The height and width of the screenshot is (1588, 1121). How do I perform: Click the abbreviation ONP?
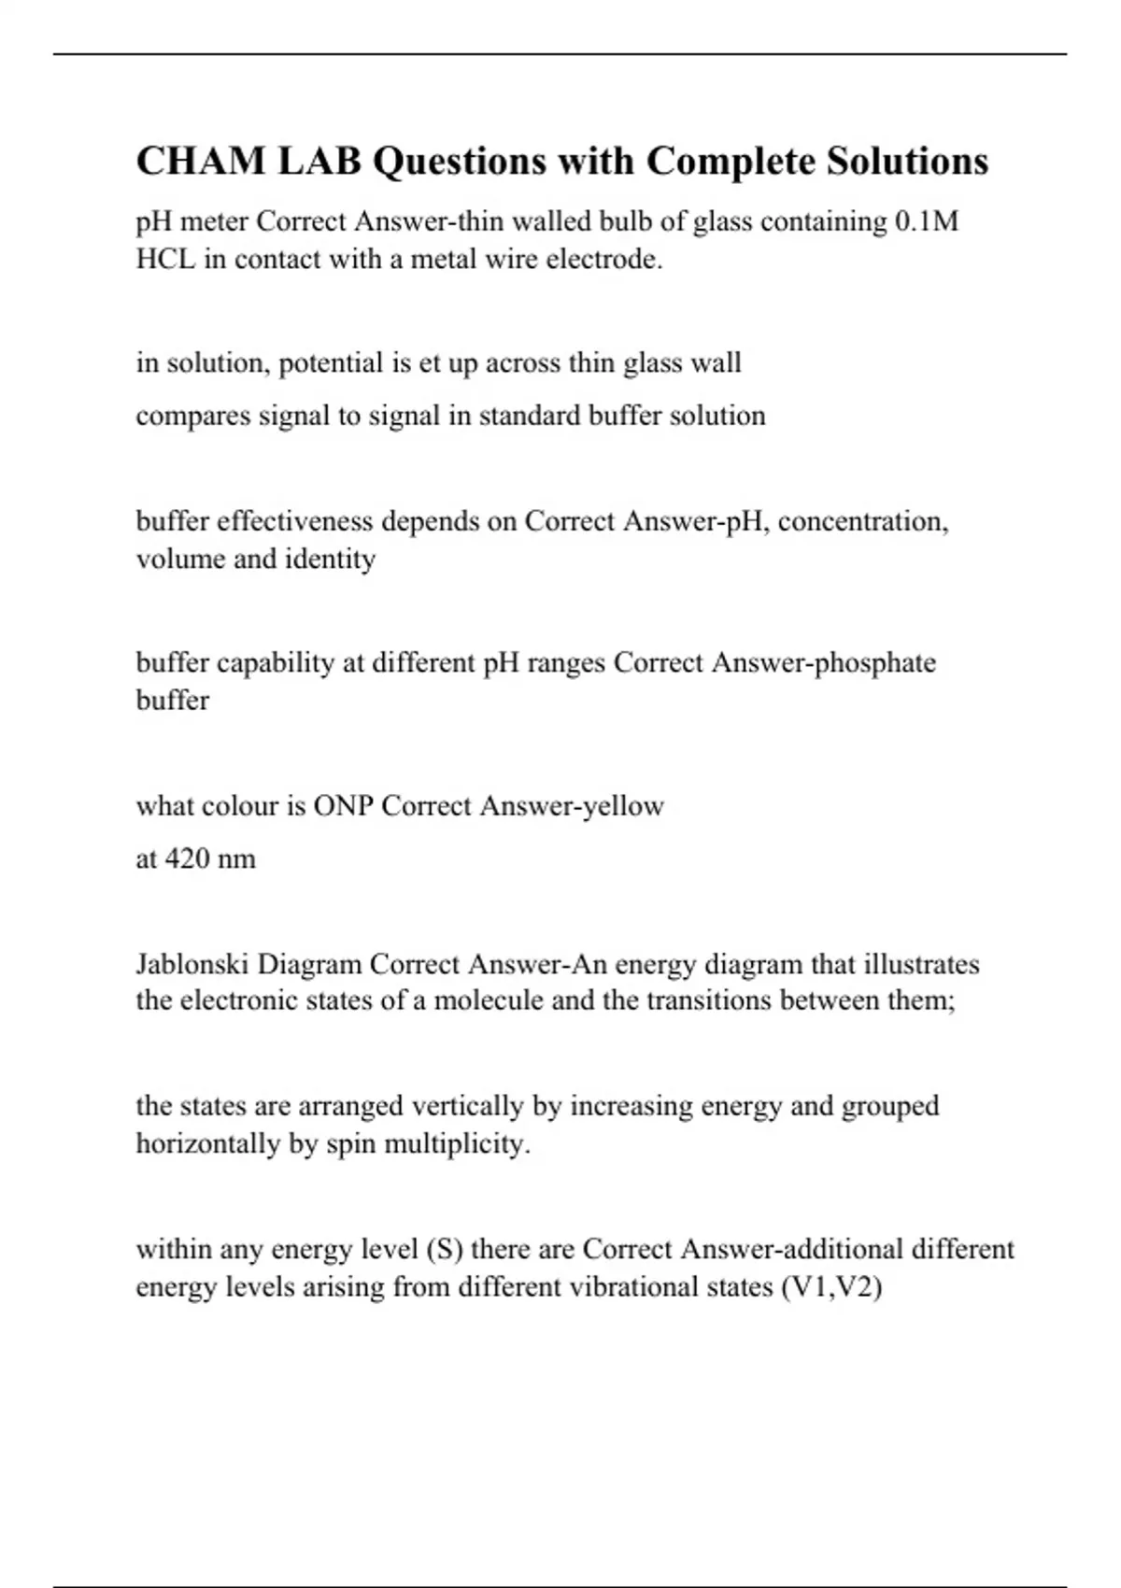[343, 805]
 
